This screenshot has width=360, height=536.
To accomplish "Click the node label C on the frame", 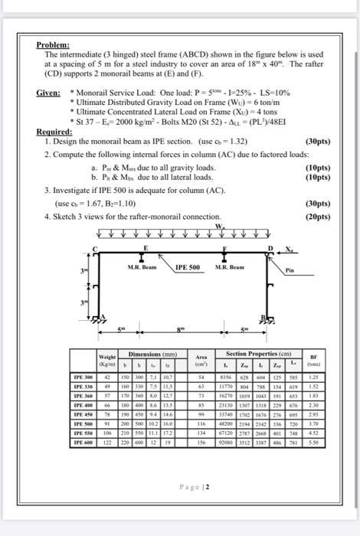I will [95, 249].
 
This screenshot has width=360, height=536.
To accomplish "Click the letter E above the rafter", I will [144, 249].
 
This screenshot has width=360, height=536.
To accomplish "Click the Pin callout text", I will [291, 270].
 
